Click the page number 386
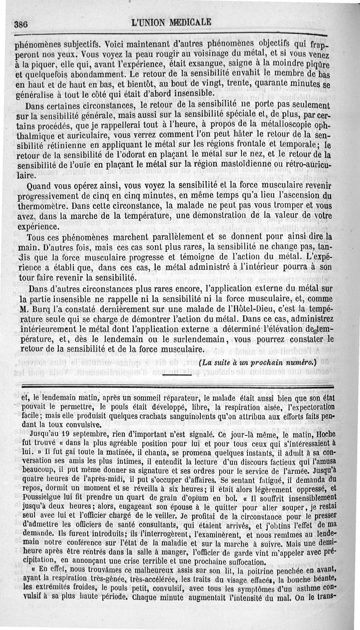(22, 25)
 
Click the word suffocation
(239, 561)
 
